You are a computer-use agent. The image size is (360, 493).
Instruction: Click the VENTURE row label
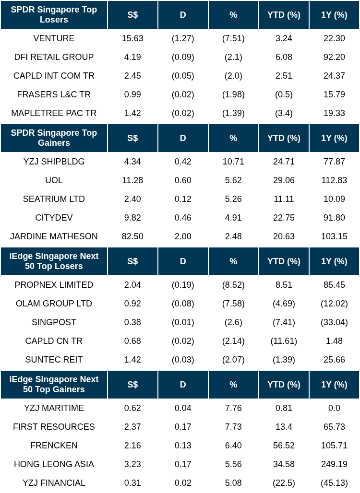coord(54,38)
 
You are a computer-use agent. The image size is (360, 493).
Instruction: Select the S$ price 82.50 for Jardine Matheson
coord(132,236)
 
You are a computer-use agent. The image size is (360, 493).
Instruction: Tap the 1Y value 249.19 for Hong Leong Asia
coord(334,464)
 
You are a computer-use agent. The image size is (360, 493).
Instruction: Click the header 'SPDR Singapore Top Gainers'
coord(54,138)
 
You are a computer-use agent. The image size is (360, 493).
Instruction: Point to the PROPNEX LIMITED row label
coord(54,285)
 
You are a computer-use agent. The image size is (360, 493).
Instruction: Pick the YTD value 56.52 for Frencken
coord(284,446)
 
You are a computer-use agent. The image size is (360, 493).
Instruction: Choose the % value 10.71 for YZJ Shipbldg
coord(233,162)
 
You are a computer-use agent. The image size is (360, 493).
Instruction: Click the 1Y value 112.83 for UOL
coord(334,180)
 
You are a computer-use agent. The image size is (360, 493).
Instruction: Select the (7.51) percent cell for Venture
coord(233,38)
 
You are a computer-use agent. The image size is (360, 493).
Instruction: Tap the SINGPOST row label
coord(54,322)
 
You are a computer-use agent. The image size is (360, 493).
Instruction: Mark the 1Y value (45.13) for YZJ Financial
coord(334,483)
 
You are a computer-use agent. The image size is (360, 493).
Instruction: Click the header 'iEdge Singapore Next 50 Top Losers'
coord(54,261)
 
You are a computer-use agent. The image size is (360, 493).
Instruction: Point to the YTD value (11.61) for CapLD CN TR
coord(284,341)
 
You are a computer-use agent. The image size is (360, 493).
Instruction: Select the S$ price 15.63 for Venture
coord(132,38)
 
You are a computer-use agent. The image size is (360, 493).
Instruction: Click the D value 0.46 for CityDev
coord(183,218)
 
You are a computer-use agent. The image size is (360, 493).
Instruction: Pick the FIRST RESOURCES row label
coord(54,427)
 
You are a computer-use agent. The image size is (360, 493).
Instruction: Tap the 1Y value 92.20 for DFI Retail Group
coord(334,57)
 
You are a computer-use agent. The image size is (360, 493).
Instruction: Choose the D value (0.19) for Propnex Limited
coord(183,285)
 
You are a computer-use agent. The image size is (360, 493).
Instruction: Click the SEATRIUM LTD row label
coord(54,199)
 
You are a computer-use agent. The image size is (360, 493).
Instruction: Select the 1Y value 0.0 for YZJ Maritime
coord(334,408)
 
